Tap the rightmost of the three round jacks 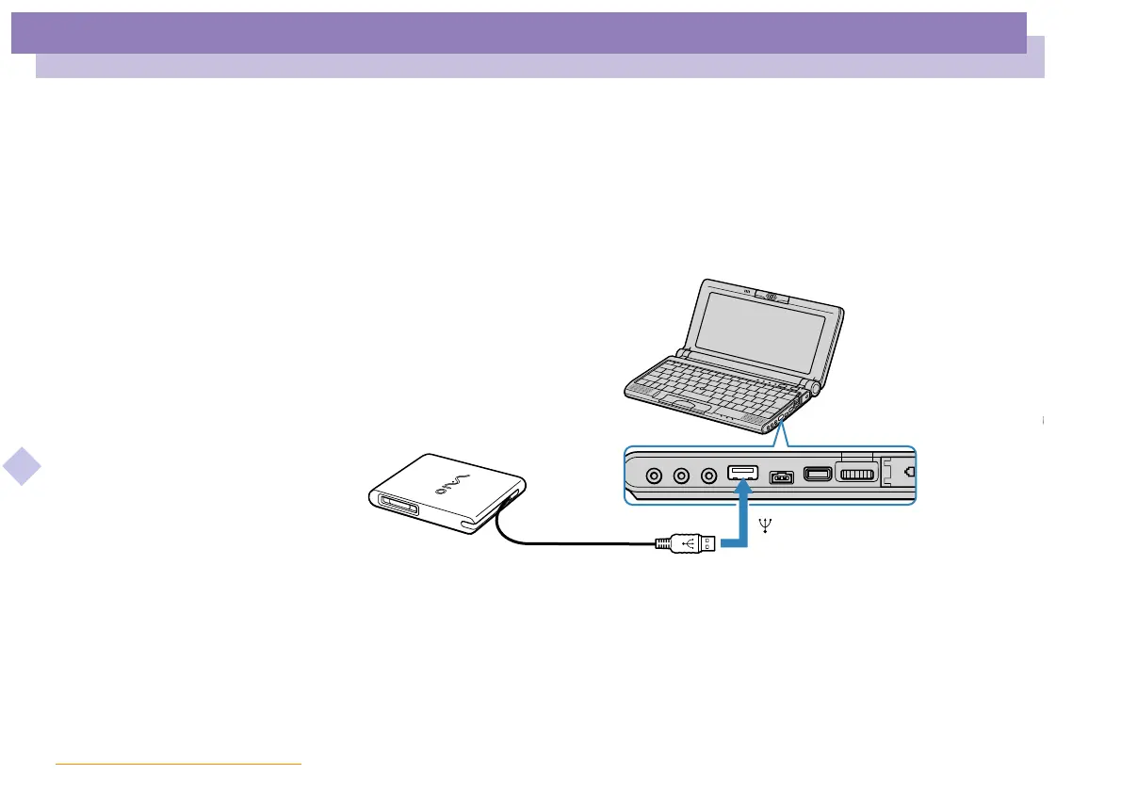coord(705,474)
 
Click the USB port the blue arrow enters coord(743,470)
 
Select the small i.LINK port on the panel coord(782,475)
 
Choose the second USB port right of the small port coord(816,473)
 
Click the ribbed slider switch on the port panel coord(856,473)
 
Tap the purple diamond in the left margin coord(22,466)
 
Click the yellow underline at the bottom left coord(178,765)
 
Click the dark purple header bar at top coord(518,33)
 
